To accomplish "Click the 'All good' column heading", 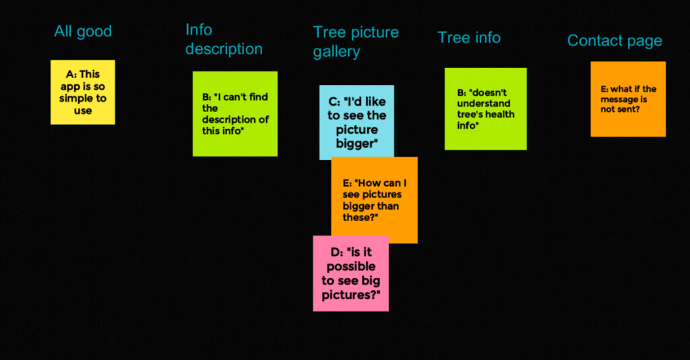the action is (x=83, y=32).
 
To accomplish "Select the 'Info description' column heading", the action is (x=224, y=39).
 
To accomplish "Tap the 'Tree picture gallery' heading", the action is (x=356, y=42).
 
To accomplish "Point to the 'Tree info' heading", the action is (x=469, y=38).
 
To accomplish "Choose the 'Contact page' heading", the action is (x=615, y=41).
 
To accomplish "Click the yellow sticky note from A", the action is (x=83, y=92).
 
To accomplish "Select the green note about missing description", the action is (x=235, y=113).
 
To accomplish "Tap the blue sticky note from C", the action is (x=356, y=121).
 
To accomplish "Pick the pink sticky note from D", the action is (x=350, y=273).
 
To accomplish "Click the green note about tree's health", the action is (x=485, y=109).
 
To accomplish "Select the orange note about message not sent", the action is (x=628, y=99).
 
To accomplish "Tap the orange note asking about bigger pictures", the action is (x=375, y=200).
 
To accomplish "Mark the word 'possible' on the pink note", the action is (x=350, y=266).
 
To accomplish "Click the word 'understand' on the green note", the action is (x=484, y=103).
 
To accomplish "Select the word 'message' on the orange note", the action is (x=618, y=100).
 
